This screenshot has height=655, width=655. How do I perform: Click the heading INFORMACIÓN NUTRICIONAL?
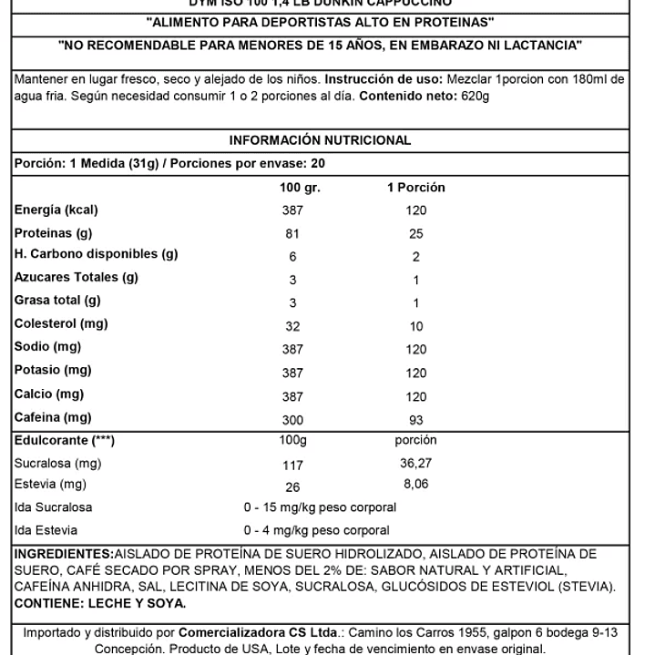tap(320, 140)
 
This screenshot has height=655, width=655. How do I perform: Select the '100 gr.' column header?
tap(300, 188)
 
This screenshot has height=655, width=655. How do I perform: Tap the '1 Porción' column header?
tap(416, 188)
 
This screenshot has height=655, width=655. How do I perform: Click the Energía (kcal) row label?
tap(56, 210)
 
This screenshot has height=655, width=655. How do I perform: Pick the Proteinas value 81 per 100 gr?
tap(292, 233)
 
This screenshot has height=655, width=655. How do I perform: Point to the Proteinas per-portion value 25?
tap(416, 233)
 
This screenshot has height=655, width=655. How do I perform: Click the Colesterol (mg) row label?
tap(61, 323)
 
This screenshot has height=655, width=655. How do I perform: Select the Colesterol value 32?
tap(292, 326)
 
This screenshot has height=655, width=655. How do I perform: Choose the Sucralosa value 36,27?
tap(416, 464)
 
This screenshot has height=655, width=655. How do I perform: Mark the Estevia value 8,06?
tap(416, 486)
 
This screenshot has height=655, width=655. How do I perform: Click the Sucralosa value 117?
tap(292, 465)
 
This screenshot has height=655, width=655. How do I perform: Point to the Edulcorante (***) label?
tap(65, 441)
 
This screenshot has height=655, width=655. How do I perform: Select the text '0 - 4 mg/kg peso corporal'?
tap(316, 530)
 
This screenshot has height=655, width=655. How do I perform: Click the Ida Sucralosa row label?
tap(53, 507)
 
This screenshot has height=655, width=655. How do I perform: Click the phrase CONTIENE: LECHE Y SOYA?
tap(100, 603)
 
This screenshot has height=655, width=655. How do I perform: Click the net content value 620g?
tap(473, 96)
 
